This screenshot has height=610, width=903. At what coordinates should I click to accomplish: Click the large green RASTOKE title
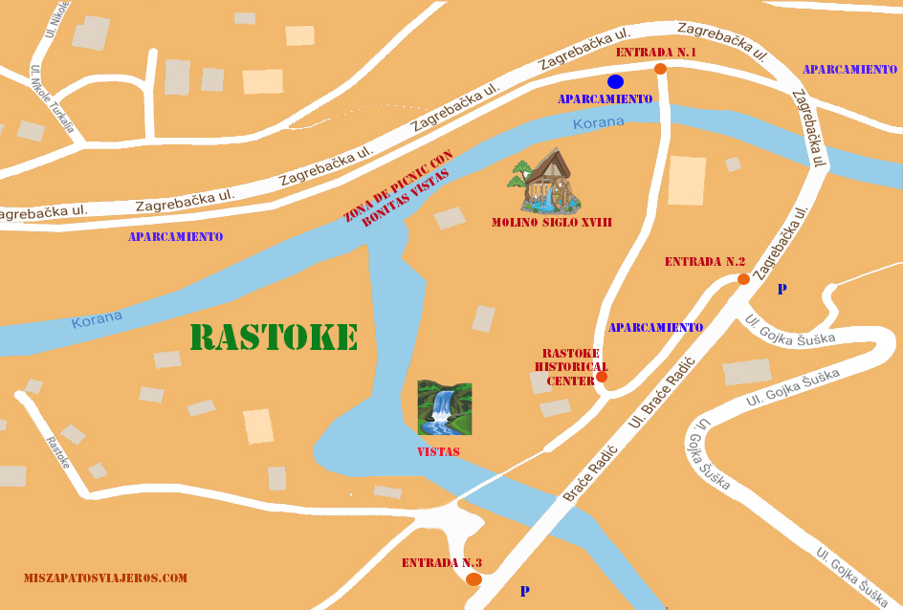pos(274,338)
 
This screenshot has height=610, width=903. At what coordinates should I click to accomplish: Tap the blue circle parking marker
pos(615,81)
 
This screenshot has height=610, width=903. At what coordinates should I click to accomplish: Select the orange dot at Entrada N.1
pos(660,69)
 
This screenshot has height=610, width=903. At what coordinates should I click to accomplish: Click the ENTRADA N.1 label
pos(655,53)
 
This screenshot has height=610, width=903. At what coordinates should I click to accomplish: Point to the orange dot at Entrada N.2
pos(743,279)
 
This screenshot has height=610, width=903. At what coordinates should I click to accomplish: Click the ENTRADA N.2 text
pos(704,262)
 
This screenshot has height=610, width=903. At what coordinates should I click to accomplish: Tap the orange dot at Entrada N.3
pos(474,579)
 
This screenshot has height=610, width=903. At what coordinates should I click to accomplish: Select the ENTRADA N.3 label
pos(441,562)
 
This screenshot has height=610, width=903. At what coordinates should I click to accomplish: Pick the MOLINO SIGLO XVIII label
pos(552,222)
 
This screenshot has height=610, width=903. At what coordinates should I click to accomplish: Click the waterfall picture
pos(444,407)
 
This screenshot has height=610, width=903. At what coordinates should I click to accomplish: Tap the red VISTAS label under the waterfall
pos(438,451)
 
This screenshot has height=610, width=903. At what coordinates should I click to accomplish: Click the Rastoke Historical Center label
pos(570,366)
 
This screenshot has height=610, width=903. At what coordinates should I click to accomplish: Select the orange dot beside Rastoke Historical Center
pos(602,377)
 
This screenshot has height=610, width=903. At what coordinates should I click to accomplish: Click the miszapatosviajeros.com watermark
pos(105,578)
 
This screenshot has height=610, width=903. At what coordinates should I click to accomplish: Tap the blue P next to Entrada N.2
pos(782,289)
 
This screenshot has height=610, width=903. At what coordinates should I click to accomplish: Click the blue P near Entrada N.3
pos(524,592)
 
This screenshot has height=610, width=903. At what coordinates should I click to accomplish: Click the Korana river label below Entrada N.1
pos(598,123)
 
